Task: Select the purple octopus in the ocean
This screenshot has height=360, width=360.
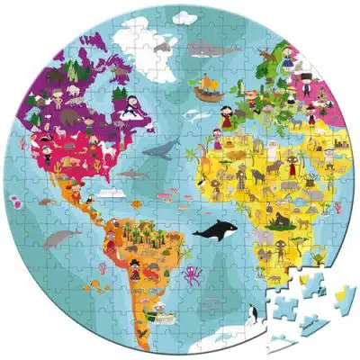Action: (192, 273)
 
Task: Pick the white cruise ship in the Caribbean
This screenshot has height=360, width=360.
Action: (110, 192)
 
